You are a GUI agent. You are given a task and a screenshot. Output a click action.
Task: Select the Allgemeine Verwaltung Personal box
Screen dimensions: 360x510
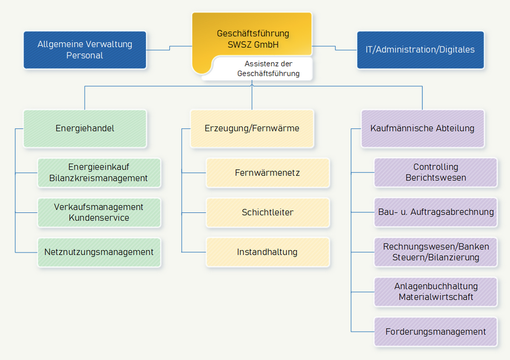(x=85, y=50)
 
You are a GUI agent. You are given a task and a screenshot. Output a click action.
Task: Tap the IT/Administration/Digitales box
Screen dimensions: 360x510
(x=420, y=50)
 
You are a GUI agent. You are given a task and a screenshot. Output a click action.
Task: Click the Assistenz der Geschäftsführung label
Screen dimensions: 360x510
(x=268, y=68)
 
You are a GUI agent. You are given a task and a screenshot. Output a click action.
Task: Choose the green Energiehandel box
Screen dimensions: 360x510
(x=85, y=128)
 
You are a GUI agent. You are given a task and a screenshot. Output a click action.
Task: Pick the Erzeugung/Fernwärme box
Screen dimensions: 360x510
(x=252, y=128)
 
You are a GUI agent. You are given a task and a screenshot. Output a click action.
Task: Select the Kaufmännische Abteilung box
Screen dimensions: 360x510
(x=422, y=128)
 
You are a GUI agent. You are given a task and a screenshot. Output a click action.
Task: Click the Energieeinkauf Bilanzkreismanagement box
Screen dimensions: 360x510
(x=98, y=173)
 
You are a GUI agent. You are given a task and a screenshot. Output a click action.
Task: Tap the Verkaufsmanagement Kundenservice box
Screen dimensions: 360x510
(x=98, y=212)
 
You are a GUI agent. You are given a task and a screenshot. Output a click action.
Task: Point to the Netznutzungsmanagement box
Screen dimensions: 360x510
(x=98, y=252)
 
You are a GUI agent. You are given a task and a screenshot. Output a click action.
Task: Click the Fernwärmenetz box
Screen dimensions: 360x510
(x=267, y=173)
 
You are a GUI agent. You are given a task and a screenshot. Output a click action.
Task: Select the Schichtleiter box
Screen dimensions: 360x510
(x=267, y=212)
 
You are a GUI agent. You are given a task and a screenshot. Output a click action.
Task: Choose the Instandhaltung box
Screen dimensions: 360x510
(x=267, y=252)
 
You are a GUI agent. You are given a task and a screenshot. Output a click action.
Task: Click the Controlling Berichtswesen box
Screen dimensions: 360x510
(x=435, y=172)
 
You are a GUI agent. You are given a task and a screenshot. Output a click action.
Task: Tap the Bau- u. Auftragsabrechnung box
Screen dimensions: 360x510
(x=435, y=212)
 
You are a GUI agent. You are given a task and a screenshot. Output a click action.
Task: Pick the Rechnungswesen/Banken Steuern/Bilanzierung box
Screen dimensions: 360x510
(x=435, y=252)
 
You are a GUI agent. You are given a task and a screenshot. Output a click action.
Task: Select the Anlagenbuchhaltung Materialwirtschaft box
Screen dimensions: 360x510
(x=435, y=292)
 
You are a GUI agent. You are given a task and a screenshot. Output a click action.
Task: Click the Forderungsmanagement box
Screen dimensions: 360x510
(x=435, y=332)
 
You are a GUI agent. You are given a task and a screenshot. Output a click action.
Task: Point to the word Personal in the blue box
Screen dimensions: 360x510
(x=85, y=55)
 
